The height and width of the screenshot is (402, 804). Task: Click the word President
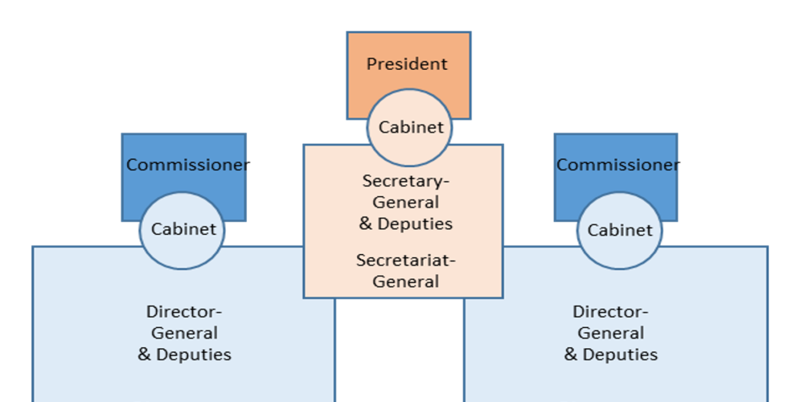pyautogui.click(x=407, y=64)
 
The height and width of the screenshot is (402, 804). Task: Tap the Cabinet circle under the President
pyautogui.click(x=410, y=127)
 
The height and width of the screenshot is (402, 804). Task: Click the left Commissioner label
pyautogui.click(x=187, y=165)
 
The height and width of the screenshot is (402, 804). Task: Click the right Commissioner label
pyautogui.click(x=617, y=165)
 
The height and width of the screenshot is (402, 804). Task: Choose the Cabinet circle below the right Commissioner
pyautogui.click(x=619, y=231)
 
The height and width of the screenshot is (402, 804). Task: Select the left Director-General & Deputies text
pyautogui.click(x=185, y=333)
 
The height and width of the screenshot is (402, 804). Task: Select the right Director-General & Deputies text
pyautogui.click(x=611, y=333)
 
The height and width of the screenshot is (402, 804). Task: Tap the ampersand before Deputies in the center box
pyautogui.click(x=366, y=224)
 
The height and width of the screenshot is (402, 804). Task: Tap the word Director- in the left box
pyautogui.click(x=184, y=312)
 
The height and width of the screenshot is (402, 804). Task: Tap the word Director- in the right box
pyautogui.click(x=610, y=312)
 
